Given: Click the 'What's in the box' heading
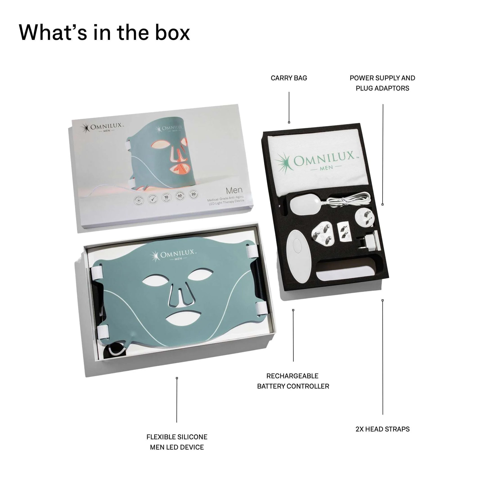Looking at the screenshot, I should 104,33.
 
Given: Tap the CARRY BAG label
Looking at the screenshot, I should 289,78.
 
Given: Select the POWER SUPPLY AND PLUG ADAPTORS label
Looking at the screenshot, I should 382,83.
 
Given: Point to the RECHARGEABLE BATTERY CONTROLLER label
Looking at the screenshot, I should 293,381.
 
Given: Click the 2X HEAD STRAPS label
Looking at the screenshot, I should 382,429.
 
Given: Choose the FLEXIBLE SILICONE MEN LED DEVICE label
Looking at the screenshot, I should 177,442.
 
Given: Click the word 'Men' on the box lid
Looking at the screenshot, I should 234,190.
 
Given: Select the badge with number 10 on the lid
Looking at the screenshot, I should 166,198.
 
